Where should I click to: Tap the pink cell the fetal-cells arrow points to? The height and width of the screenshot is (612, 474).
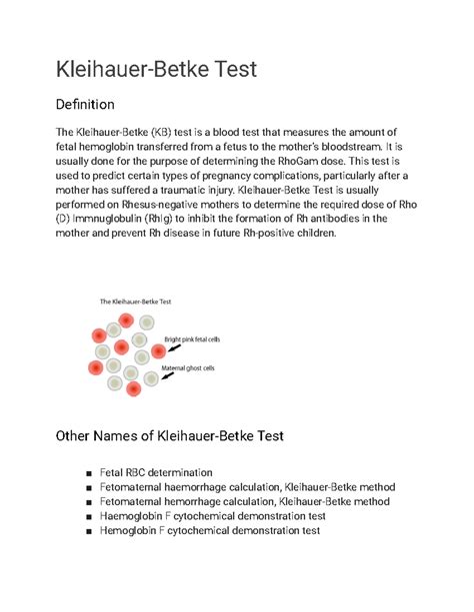[x=158, y=352]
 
